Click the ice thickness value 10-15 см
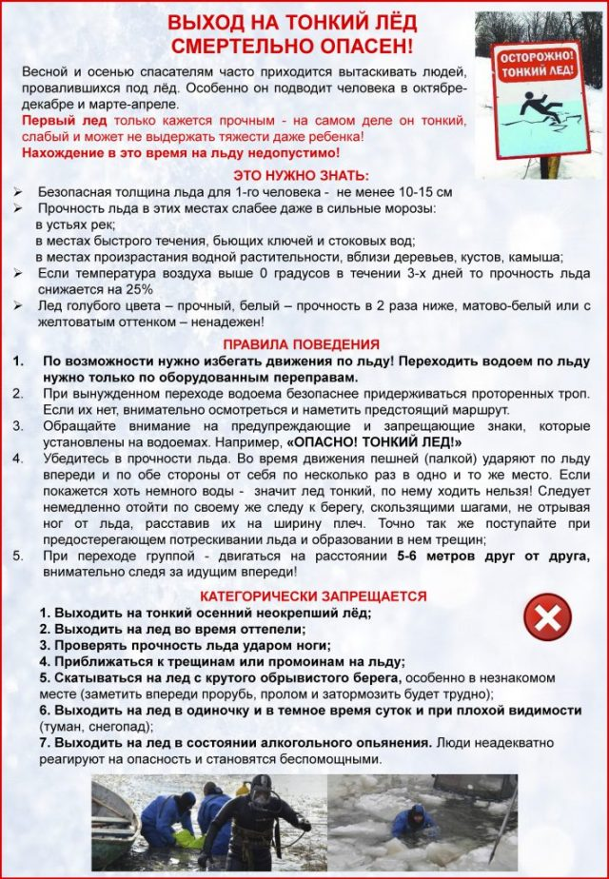coord(420,192)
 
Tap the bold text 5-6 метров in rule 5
coord(445,556)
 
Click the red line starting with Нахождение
coord(180,152)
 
